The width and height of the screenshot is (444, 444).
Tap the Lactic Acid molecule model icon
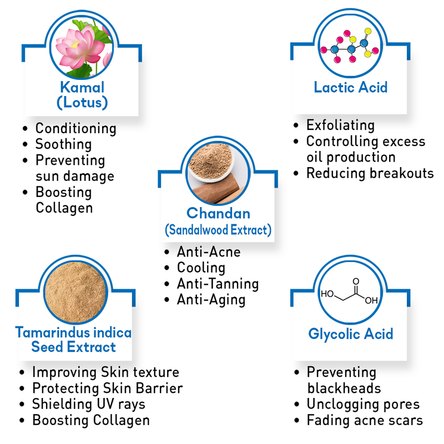click(351, 47)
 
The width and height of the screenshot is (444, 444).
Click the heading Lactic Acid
click(351, 87)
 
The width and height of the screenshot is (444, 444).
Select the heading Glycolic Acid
click(351, 334)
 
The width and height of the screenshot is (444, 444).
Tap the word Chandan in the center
click(218, 213)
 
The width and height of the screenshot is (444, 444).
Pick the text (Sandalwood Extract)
click(218, 230)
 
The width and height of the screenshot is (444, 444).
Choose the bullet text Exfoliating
click(340, 125)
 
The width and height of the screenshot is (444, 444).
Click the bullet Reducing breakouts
click(370, 173)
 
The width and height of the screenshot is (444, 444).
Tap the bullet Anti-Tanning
click(218, 284)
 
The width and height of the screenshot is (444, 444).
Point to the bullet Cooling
click(201, 268)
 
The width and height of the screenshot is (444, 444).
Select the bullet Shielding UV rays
click(88, 404)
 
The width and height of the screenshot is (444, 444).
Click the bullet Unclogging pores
click(363, 404)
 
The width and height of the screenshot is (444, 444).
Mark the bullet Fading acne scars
click(365, 420)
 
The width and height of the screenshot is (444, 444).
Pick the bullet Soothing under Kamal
click(63, 144)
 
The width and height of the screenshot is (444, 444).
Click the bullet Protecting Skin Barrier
click(107, 388)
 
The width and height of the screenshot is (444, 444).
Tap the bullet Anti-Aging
click(211, 300)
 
